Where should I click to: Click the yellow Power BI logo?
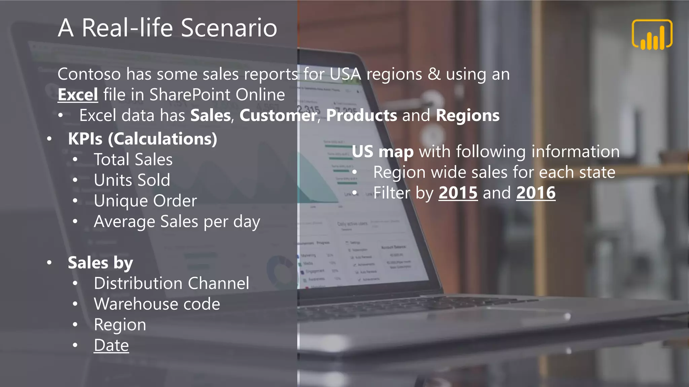(x=652, y=35)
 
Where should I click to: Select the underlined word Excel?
(x=78, y=95)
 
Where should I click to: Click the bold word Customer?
(x=278, y=116)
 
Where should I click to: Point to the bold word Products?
(x=362, y=116)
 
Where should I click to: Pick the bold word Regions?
(x=468, y=116)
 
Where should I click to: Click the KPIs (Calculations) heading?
(x=142, y=139)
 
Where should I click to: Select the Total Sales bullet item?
(x=133, y=160)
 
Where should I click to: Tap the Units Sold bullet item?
(x=132, y=180)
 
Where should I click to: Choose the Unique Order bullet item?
(x=145, y=201)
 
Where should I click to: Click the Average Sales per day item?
(x=177, y=222)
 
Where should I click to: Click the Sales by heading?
(x=100, y=263)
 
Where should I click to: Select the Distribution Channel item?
(x=172, y=283)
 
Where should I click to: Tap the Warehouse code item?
(x=157, y=304)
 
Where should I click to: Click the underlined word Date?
(x=111, y=345)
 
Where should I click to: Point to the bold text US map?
(x=383, y=152)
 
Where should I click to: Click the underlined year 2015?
(x=458, y=193)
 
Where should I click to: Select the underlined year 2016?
(x=536, y=193)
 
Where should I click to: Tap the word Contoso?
(x=89, y=74)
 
